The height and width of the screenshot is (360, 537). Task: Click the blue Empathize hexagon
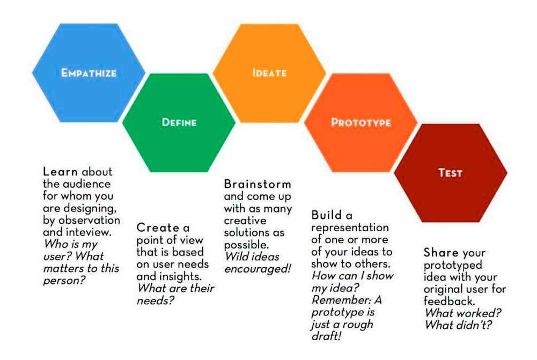pos(89,72)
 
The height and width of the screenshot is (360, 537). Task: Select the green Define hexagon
pos(179,122)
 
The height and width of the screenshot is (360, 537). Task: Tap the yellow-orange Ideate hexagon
pos(269,72)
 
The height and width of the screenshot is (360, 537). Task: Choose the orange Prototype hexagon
pos(361,122)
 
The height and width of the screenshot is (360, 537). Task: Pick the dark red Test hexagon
pos(450,173)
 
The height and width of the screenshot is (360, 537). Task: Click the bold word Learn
pos(61,172)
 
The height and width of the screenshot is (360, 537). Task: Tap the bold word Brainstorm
pos(258,184)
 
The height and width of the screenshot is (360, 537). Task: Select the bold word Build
pos(326,215)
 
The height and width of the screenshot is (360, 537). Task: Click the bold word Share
pos(441,252)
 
